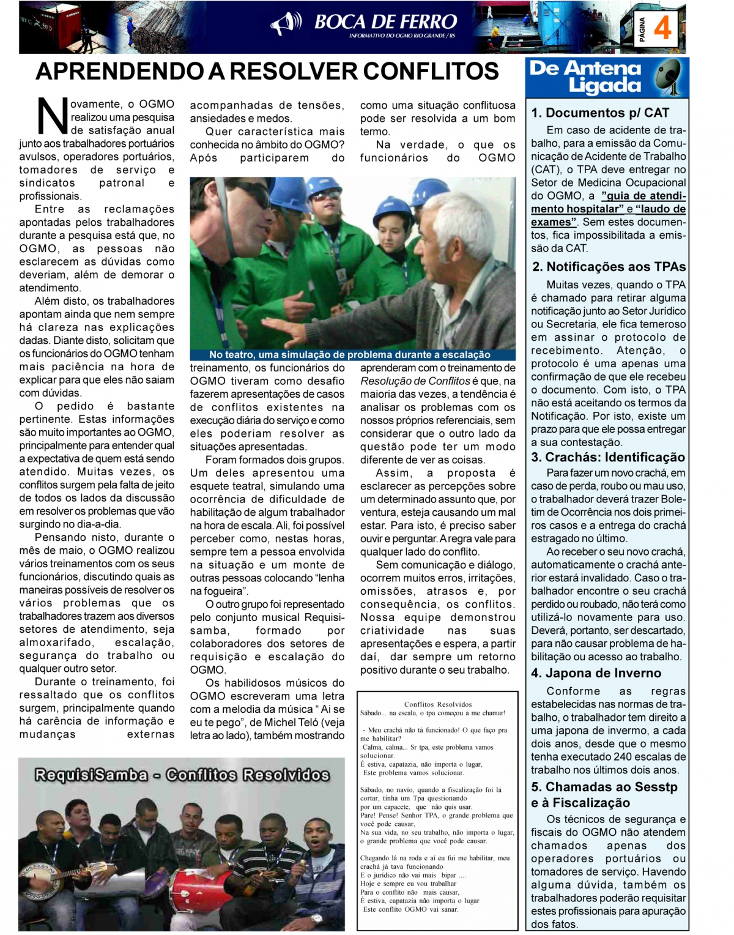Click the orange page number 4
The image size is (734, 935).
(662, 28)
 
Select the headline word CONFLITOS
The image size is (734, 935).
(431, 72)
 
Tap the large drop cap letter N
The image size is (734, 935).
(53, 116)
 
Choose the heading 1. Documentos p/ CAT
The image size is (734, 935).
(600, 113)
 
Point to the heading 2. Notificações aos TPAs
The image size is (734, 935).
(609, 267)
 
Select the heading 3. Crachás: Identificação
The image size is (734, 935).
(608, 457)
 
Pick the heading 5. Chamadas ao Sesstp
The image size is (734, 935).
(604, 787)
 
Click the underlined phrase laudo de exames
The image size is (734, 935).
(658, 209)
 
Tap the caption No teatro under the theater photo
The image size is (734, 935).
(350, 354)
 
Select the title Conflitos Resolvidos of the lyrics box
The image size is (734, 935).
(438, 704)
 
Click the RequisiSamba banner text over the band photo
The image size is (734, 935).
(182, 775)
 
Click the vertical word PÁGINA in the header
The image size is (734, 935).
(642, 29)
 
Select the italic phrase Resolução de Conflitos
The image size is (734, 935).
(415, 381)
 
